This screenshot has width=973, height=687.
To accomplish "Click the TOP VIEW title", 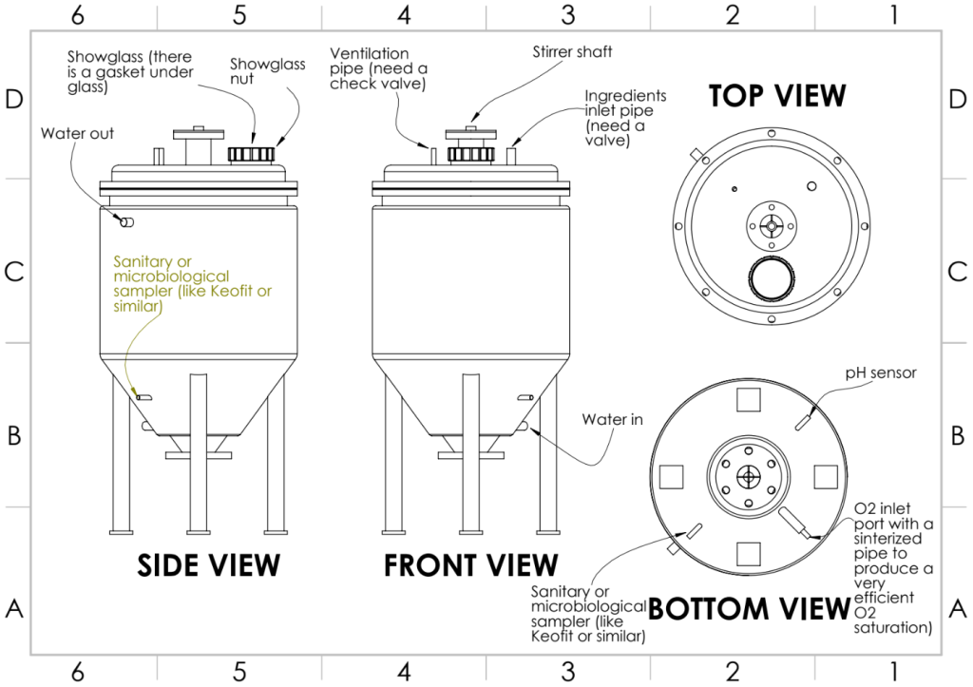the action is pyautogui.click(x=777, y=96).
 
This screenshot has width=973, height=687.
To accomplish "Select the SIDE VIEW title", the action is pyautogui.click(x=208, y=565).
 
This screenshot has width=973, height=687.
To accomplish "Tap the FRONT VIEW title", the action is pyautogui.click(x=471, y=565).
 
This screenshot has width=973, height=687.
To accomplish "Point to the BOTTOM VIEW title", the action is pyautogui.click(x=749, y=609).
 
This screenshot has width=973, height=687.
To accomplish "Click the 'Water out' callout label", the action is pyautogui.click(x=78, y=133).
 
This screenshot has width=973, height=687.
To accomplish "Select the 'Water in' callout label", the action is pyautogui.click(x=613, y=420).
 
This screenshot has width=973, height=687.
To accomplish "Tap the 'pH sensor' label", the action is pyautogui.click(x=881, y=373).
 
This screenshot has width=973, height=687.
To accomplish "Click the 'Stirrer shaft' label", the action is pyautogui.click(x=572, y=51).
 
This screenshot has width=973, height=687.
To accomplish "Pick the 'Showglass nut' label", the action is pyautogui.click(x=267, y=71).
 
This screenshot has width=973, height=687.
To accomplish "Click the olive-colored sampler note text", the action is pyautogui.click(x=192, y=283).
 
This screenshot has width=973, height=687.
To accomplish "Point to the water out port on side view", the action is pyautogui.click(x=126, y=222).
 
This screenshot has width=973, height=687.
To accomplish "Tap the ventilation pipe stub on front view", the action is pyautogui.click(x=432, y=156).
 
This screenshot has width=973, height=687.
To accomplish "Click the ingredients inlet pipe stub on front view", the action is pyautogui.click(x=512, y=156).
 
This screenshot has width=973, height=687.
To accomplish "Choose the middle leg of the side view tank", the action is pyautogui.click(x=198, y=452).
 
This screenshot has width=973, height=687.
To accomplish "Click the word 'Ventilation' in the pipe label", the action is pyautogui.click(x=370, y=53).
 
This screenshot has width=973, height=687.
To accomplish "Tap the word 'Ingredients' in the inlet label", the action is pyautogui.click(x=625, y=96).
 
